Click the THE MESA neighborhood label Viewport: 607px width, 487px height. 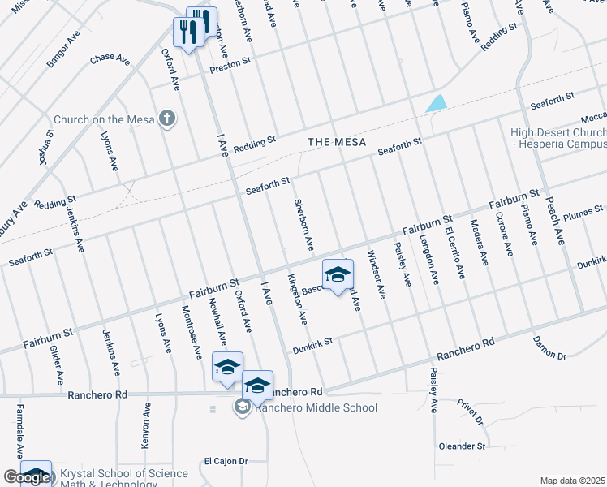333,142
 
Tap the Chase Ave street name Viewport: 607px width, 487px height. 110,59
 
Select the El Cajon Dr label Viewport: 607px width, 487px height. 226,461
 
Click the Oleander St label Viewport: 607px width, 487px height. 462,446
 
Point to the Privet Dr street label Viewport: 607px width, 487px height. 470,411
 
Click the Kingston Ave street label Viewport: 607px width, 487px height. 296,299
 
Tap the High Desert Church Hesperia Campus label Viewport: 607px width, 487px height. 558,138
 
